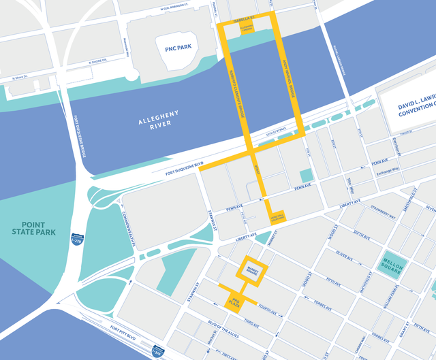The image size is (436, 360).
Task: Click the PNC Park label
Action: [x=170, y=48]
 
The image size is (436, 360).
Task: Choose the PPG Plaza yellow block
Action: [x=236, y=300]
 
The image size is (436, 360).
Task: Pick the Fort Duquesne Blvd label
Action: [x=184, y=164]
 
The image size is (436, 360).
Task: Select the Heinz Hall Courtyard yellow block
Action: [x=277, y=216]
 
